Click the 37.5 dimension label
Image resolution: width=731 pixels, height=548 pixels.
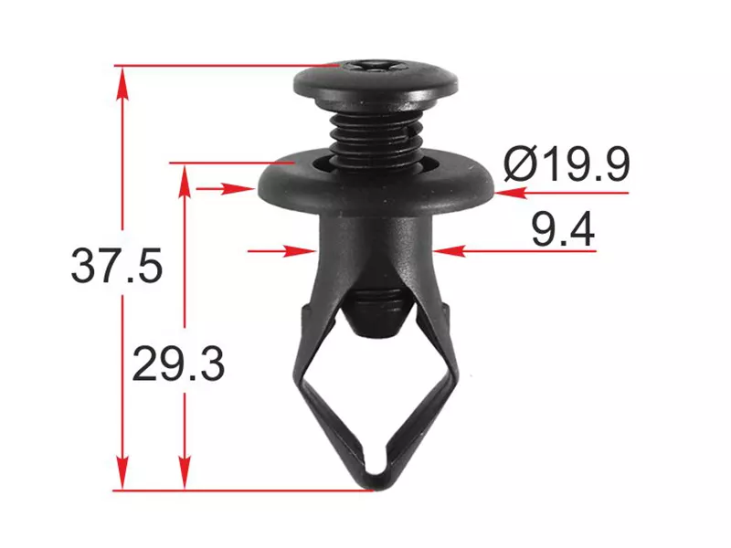click(117, 266)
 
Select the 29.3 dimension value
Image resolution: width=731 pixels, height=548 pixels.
click(178, 364)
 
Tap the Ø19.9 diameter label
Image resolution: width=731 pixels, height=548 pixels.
click(567, 163)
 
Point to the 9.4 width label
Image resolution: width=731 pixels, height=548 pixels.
click(563, 229)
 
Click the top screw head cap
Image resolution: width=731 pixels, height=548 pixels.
click(376, 83)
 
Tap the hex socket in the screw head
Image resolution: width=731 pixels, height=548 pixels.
click(369, 65)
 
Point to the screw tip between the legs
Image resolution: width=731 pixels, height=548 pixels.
click(376, 313)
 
